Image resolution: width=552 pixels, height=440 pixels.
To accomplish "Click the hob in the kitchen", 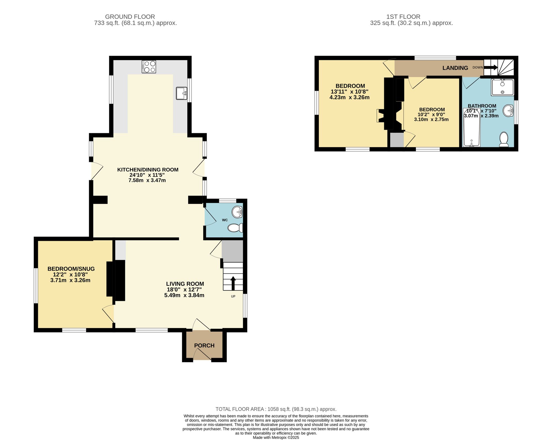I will [x=149, y=67].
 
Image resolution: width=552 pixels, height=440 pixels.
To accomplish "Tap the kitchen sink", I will [x=181, y=93].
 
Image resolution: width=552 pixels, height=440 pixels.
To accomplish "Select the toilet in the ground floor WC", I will [x=235, y=228].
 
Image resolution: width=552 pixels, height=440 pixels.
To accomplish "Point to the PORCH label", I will [x=204, y=345].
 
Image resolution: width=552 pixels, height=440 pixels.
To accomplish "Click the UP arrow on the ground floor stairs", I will [x=233, y=283].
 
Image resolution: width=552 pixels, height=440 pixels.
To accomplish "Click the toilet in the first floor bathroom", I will [x=504, y=139].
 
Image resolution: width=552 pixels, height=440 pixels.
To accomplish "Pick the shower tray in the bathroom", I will [x=502, y=87].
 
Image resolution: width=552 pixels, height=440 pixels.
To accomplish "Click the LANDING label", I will [x=455, y=68].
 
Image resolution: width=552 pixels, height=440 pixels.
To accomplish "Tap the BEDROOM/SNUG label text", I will [x=71, y=269].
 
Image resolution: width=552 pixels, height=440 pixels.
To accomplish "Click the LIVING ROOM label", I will [x=185, y=284].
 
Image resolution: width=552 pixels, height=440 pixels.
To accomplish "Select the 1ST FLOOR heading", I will [x=403, y=17].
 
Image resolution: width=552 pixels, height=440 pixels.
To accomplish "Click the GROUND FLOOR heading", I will [x=130, y=17].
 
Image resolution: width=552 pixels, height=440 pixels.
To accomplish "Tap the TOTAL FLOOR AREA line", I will [x=276, y=409].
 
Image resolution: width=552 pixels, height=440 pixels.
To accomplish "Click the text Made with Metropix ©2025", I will [x=276, y=438].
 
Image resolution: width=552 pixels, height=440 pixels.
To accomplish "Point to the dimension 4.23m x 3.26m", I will [x=349, y=97].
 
